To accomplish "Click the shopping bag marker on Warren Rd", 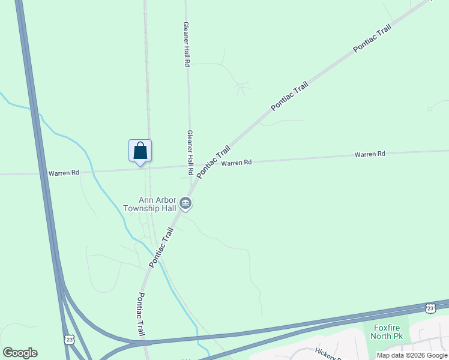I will pyautogui.click(x=140, y=150).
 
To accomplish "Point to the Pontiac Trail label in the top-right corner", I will pyautogui.click(x=372, y=38).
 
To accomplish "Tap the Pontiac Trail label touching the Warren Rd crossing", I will pyautogui.click(x=214, y=161).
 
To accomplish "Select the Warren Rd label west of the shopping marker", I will pyautogui.click(x=64, y=173).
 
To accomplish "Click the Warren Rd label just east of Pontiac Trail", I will pyautogui.click(x=236, y=163).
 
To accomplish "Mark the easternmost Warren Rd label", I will pyautogui.click(x=369, y=154).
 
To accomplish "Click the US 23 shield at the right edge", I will pyautogui.click(x=430, y=308).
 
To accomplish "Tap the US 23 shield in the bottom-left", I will pyautogui.click(x=70, y=340).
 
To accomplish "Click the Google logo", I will pyautogui.click(x=20, y=353).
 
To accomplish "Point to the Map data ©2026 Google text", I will pyautogui.click(x=412, y=355).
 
